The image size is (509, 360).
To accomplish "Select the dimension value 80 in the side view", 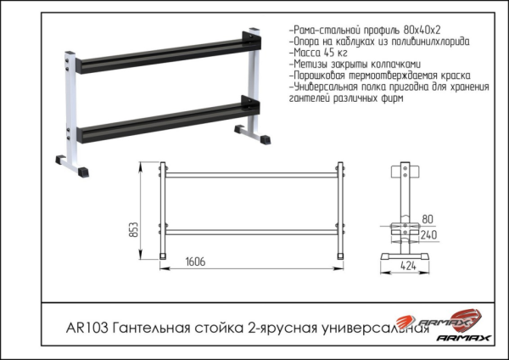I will coord(428,217).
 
